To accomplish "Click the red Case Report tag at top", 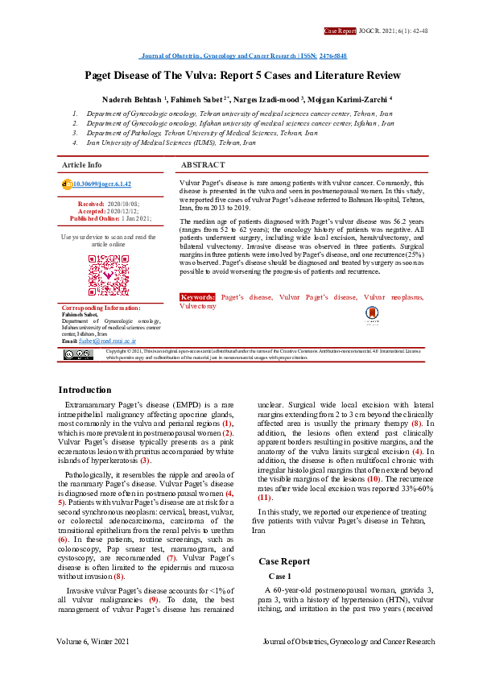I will (x=340, y=31).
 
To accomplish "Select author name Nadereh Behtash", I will (x=131, y=98).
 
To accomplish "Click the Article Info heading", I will (x=82, y=164).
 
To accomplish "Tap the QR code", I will (x=109, y=275).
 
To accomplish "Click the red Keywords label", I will (x=198, y=297).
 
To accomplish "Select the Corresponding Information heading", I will (x=101, y=308).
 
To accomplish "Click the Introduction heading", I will (x=85, y=389).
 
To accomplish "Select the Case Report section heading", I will (x=283, y=561).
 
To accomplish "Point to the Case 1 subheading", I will (x=279, y=577).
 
